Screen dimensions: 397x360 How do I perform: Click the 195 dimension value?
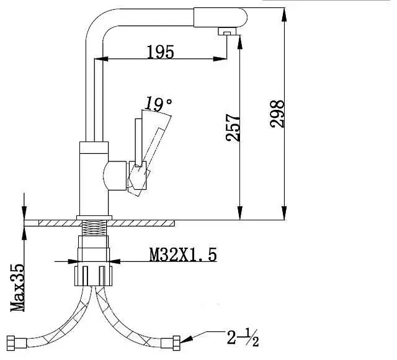pos(161,52)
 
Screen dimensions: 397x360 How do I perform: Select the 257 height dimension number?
pos(233,127)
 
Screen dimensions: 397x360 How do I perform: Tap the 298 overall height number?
pos(277,114)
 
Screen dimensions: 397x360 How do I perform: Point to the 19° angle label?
pos(158,104)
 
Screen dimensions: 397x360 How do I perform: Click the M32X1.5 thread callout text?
pos(183,254)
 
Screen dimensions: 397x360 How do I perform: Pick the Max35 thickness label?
pos(17,288)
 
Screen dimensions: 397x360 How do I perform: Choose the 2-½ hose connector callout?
pos(243,338)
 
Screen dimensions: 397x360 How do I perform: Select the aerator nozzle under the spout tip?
pos(227,32)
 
